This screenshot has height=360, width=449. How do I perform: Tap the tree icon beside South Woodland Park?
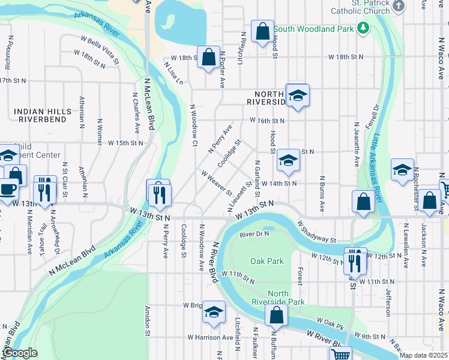363,28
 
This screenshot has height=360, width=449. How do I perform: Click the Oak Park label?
267,261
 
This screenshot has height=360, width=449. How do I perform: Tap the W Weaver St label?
216,183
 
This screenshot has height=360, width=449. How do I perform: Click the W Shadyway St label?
316,231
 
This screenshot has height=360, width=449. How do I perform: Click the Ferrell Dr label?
376,116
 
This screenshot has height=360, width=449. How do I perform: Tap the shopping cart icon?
341,354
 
